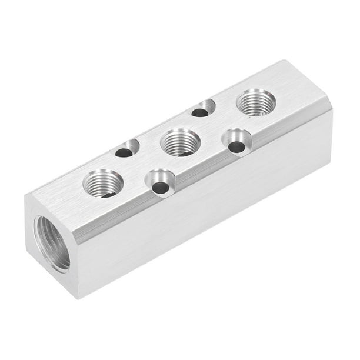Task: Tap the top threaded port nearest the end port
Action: click(103, 182)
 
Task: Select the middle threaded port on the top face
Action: click(180, 142)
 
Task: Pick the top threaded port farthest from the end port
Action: click(256, 102)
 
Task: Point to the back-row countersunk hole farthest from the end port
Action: click(203, 109)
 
